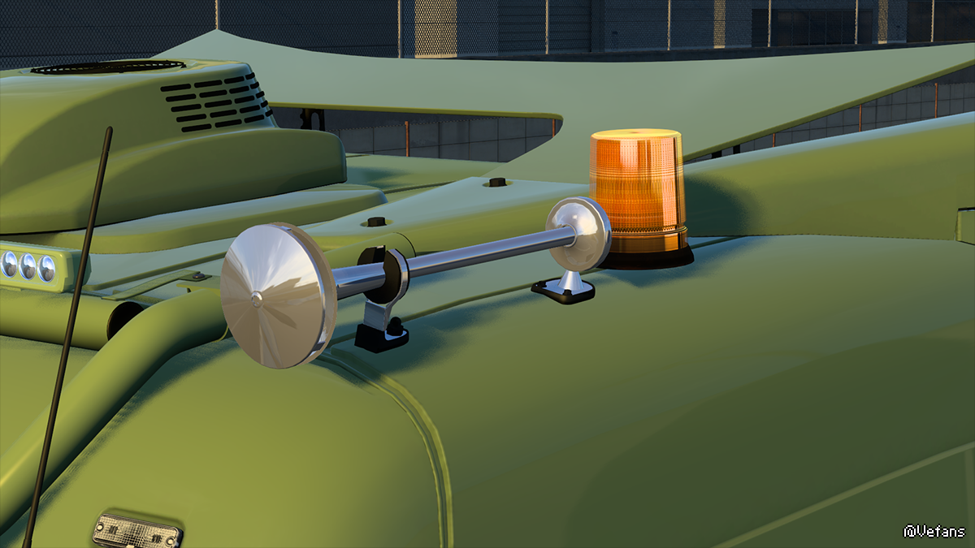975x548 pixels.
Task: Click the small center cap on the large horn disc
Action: (x=257, y=299)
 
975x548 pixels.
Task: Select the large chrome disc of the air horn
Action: (x=278, y=296)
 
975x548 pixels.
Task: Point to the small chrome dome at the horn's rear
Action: (x=578, y=234)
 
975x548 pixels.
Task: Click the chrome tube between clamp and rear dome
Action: (x=492, y=252)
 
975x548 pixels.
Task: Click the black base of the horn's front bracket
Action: (x=381, y=337)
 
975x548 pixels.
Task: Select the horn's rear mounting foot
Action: (x=563, y=289)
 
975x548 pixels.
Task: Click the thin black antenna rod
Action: (x=67, y=337)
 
